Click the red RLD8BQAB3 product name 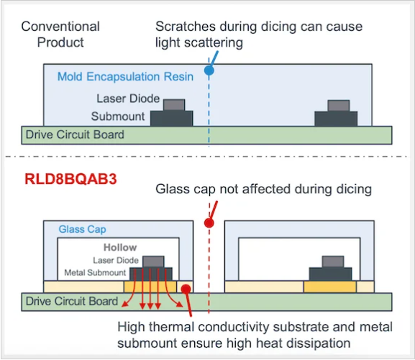click(70, 179)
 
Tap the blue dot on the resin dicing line click(209, 70)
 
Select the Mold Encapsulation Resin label click(125, 77)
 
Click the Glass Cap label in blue click(82, 229)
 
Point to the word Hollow click(120, 247)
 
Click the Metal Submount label click(95, 272)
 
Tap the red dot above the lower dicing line click(209, 223)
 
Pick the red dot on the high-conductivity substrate click(186, 289)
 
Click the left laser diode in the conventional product click(174, 105)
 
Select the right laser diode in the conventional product click(339, 106)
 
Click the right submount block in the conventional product click(336, 119)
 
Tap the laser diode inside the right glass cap click(333, 262)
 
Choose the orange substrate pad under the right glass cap click(330, 287)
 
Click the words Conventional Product click(60, 34)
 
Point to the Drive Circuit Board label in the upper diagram click(75, 134)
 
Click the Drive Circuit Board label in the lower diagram click(72, 301)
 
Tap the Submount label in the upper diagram click(118, 116)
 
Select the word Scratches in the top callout click(186, 27)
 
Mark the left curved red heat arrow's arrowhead click(125, 304)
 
